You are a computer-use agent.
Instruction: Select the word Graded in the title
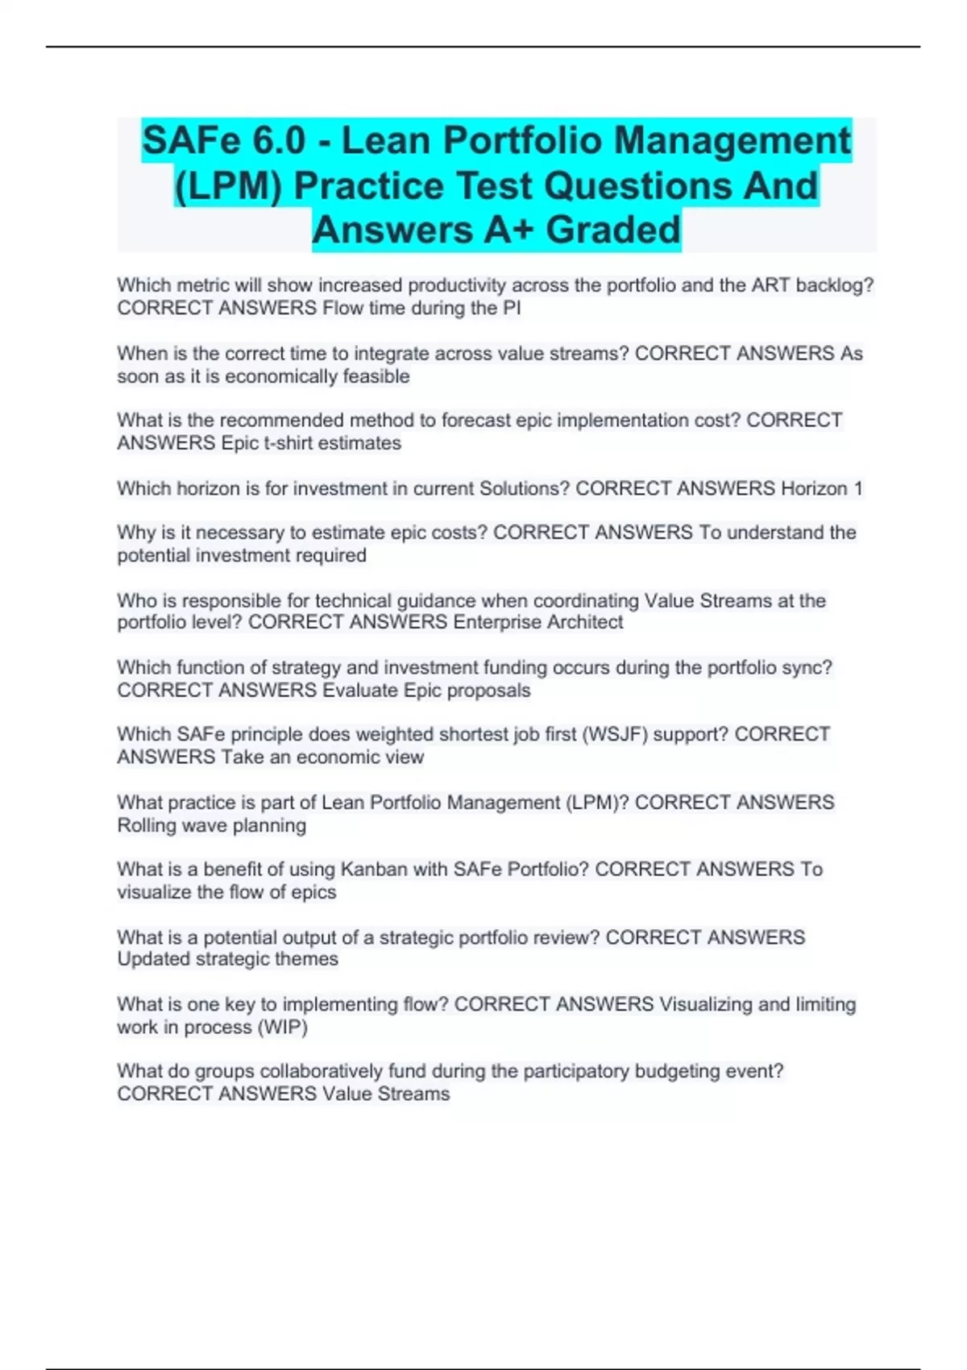click(613, 230)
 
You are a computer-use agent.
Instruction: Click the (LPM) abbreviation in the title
click(229, 186)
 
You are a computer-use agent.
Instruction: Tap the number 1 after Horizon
click(858, 488)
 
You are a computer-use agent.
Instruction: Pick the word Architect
click(585, 622)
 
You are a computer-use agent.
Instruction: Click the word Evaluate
click(360, 691)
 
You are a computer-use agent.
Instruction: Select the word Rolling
click(147, 825)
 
